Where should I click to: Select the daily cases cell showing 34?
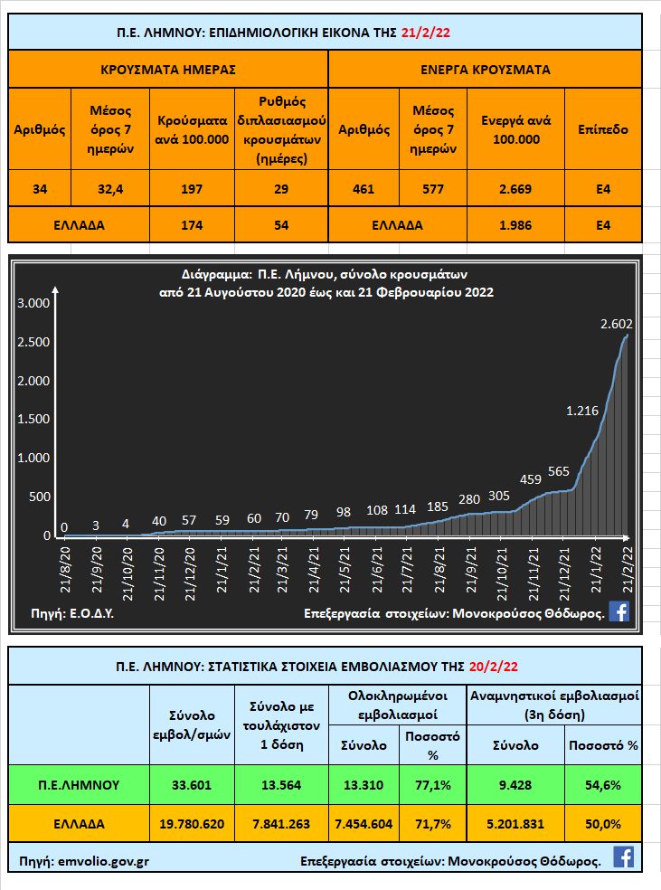[x=39, y=189]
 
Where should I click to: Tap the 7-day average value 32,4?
[x=110, y=189]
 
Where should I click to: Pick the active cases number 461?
[x=364, y=189]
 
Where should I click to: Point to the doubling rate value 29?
[x=280, y=189]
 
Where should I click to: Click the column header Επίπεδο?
[x=602, y=129]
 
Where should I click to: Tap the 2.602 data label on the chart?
[x=616, y=324]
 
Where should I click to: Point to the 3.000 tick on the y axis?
[x=33, y=303]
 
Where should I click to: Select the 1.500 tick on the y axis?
[x=33, y=420]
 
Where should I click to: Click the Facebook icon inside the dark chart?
[x=619, y=611]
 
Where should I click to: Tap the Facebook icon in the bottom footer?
[x=623, y=857]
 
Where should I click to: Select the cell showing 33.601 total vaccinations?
[x=191, y=784]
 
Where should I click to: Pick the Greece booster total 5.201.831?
[x=515, y=824]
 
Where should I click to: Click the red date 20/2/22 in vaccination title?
[x=495, y=666]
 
